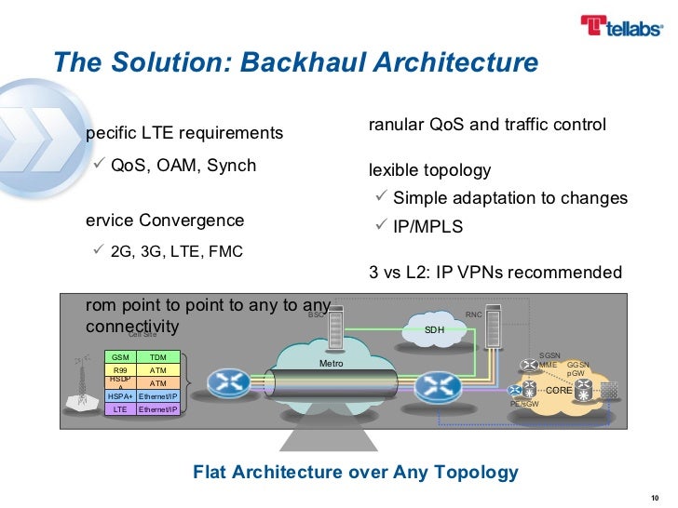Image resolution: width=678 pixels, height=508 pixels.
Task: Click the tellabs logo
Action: [x=619, y=29]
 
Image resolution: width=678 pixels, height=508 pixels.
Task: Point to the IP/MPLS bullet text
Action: [x=427, y=227]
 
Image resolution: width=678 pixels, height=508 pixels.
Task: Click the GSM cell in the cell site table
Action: [x=120, y=357]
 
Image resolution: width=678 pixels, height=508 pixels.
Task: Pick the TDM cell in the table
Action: [x=158, y=357]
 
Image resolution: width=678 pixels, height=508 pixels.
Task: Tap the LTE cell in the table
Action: [x=120, y=408]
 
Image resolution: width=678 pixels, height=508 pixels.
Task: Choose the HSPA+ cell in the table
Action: [x=120, y=395]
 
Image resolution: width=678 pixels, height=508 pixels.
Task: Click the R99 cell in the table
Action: [x=120, y=370]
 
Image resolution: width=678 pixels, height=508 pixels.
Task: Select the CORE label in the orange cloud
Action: [x=559, y=391]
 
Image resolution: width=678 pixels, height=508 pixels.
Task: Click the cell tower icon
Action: [x=82, y=391]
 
